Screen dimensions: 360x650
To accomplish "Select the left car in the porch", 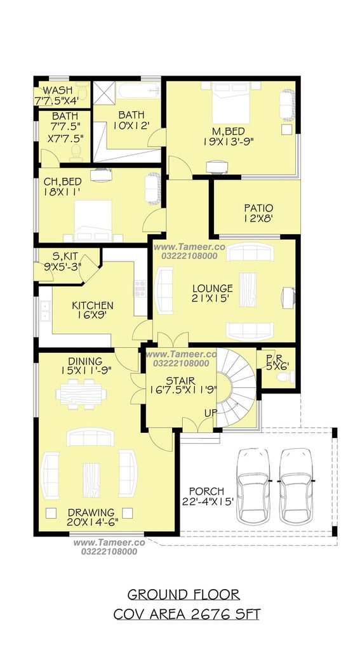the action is [253, 486].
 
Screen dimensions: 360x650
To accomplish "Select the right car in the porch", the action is [296, 486].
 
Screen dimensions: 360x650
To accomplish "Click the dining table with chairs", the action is [81, 394].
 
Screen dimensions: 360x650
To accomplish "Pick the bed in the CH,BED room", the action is [93, 220].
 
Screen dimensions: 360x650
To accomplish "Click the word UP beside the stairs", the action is [210, 413].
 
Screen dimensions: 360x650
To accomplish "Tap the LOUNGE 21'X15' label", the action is [212, 293].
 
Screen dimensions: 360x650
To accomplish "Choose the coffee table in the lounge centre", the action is [248, 289].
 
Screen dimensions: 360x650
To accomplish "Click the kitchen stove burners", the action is [140, 286].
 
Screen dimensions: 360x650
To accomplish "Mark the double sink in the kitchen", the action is [45, 311].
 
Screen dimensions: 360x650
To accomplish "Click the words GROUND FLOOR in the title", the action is [183, 595].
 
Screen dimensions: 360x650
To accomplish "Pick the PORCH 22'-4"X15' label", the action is [206, 496].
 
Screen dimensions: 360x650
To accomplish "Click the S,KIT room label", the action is [62, 262].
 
